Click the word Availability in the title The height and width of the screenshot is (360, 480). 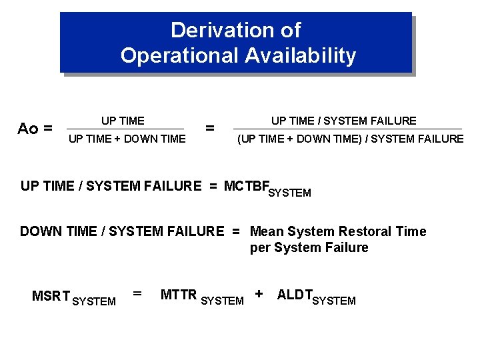click(301, 56)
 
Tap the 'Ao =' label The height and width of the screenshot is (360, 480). click(35, 129)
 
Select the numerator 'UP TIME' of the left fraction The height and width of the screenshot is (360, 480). click(123, 121)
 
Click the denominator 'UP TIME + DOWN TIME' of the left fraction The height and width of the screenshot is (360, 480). click(127, 139)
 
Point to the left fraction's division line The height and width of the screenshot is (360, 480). click(126, 129)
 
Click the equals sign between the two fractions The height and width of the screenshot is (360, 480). click(210, 128)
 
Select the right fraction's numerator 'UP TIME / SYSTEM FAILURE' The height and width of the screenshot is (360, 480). click(343, 121)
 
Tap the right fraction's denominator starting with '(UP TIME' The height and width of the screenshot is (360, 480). click(351, 139)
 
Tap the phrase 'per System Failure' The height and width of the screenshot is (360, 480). click(309, 248)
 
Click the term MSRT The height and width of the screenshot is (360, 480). click(50, 296)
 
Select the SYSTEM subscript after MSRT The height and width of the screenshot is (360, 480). click(93, 301)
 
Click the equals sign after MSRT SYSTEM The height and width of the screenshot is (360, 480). click(137, 293)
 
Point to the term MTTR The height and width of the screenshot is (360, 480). click(179, 295)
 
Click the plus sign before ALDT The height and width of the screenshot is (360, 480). click(259, 293)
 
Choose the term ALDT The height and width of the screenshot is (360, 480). click(294, 295)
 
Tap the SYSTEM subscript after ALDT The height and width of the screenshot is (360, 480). click(334, 301)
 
